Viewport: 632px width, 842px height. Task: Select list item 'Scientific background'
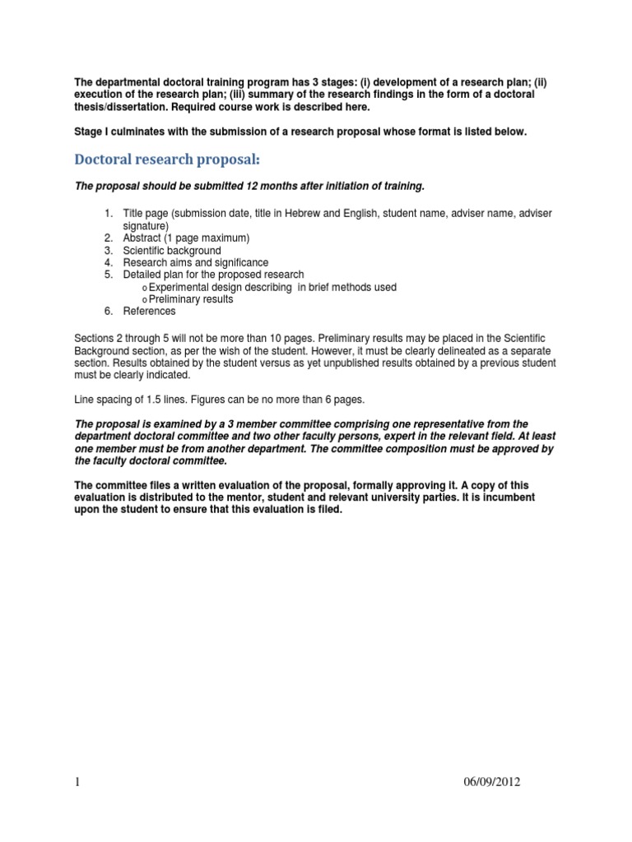click(172, 250)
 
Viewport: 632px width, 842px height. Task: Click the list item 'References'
click(149, 312)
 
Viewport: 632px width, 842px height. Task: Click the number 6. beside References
click(108, 312)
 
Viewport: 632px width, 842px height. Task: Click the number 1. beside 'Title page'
click(108, 214)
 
